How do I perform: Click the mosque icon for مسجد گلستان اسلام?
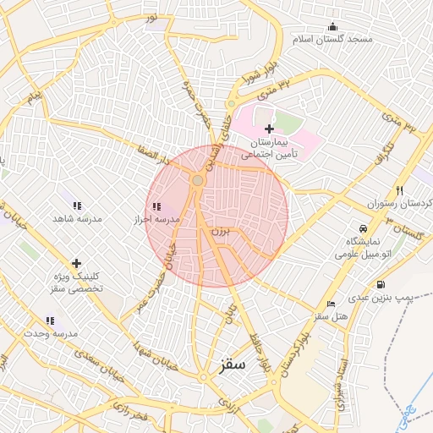click(332, 26)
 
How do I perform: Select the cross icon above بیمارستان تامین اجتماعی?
click(269, 129)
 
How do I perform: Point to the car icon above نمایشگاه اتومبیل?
click(363, 228)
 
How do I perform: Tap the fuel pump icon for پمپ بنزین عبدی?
click(381, 284)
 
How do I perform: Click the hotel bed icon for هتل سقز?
click(331, 303)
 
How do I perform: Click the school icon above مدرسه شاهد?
click(77, 206)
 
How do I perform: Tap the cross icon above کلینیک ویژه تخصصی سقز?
click(77, 263)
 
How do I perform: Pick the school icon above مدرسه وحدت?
click(50, 321)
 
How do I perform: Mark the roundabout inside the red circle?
click(197, 180)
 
